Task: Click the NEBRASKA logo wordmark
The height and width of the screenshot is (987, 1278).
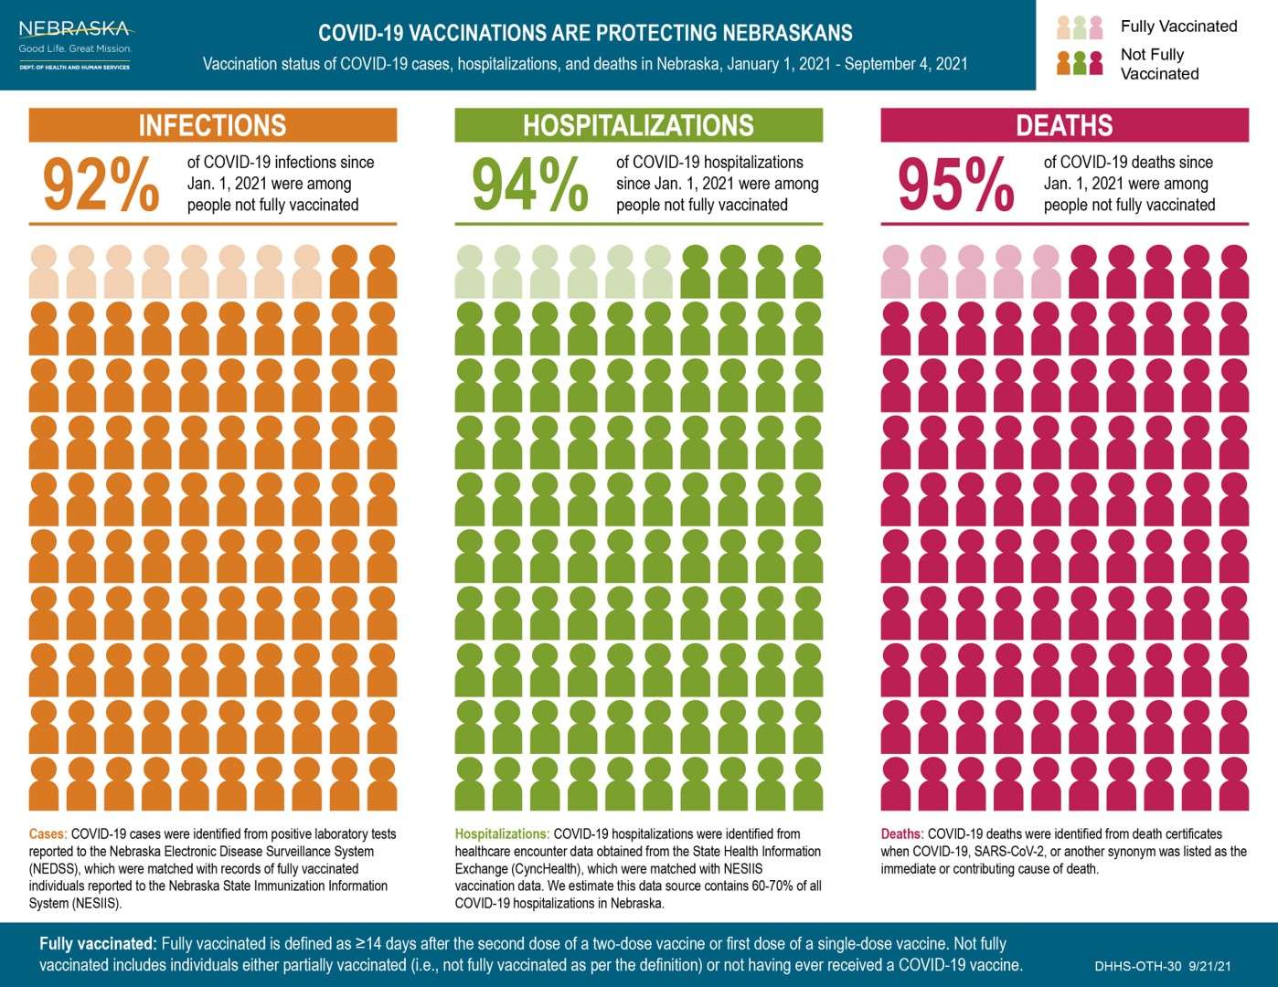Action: coord(74,29)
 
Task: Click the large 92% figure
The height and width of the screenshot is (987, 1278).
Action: coord(101,185)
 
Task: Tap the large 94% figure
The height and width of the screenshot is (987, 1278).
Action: coord(529,185)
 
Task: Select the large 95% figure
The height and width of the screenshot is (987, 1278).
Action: coord(955,185)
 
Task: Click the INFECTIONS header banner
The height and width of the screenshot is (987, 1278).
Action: coord(212,125)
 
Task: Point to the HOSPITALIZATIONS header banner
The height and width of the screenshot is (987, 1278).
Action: coord(638,125)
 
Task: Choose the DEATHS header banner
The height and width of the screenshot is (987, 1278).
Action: coord(1064,125)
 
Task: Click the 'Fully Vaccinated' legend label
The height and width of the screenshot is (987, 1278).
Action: coord(1178,27)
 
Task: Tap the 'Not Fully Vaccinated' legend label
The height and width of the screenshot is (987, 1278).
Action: coord(1159,64)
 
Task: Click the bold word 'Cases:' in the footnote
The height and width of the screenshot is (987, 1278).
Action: coord(48,833)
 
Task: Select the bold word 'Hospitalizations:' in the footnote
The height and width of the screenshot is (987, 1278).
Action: coord(502,833)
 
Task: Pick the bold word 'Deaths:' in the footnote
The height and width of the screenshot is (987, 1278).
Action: coord(902,833)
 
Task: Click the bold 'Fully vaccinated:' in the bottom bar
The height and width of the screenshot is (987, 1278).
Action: coord(98,943)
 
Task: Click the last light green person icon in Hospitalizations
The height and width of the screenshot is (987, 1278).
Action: coord(657,271)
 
